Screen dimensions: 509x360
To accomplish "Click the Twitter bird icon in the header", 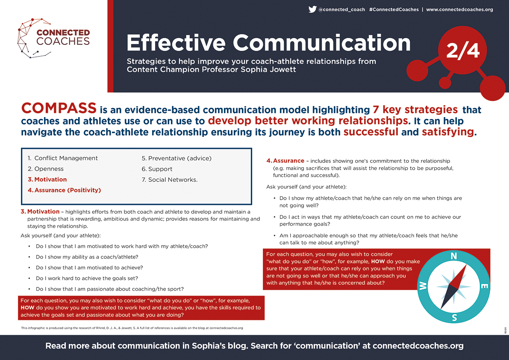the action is pyautogui.click(x=312, y=9).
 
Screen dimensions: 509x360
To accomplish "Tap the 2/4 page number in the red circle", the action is pyautogui.click(x=462, y=50).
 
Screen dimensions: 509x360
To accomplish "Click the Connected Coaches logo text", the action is pyautogui.click(x=63, y=37).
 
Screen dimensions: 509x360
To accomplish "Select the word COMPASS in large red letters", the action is pyautogui.click(x=59, y=108).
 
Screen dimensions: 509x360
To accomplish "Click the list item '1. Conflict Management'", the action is pyautogui.click(x=63, y=158).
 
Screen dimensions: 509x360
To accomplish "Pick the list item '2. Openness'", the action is pyautogui.click(x=45, y=169).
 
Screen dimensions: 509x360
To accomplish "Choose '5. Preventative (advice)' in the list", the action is pyautogui.click(x=177, y=159).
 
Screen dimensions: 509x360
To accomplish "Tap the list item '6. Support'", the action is pyautogui.click(x=157, y=169).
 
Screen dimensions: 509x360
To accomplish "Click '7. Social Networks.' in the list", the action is pyautogui.click(x=169, y=180).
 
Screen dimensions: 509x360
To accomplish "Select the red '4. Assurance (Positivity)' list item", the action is pyautogui.click(x=64, y=190).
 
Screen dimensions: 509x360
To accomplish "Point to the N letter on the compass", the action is pyautogui.click(x=454, y=256).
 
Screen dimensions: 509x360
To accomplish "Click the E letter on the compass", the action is pyautogui.click(x=484, y=286).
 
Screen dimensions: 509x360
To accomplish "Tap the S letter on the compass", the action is pyautogui.click(x=454, y=318).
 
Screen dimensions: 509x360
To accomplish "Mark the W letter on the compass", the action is pyautogui.click(x=423, y=286).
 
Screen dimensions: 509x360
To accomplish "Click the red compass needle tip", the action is pyautogui.click(x=466, y=265).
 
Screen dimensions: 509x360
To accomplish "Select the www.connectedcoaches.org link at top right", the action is pyautogui.click(x=459, y=9).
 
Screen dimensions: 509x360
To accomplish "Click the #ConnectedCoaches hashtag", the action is pyautogui.click(x=394, y=9).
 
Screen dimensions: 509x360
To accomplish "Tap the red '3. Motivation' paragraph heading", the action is pyautogui.click(x=40, y=212).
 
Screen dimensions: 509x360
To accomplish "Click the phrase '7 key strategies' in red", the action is pyautogui.click(x=415, y=110).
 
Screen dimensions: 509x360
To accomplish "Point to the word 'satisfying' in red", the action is pyautogui.click(x=448, y=132).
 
